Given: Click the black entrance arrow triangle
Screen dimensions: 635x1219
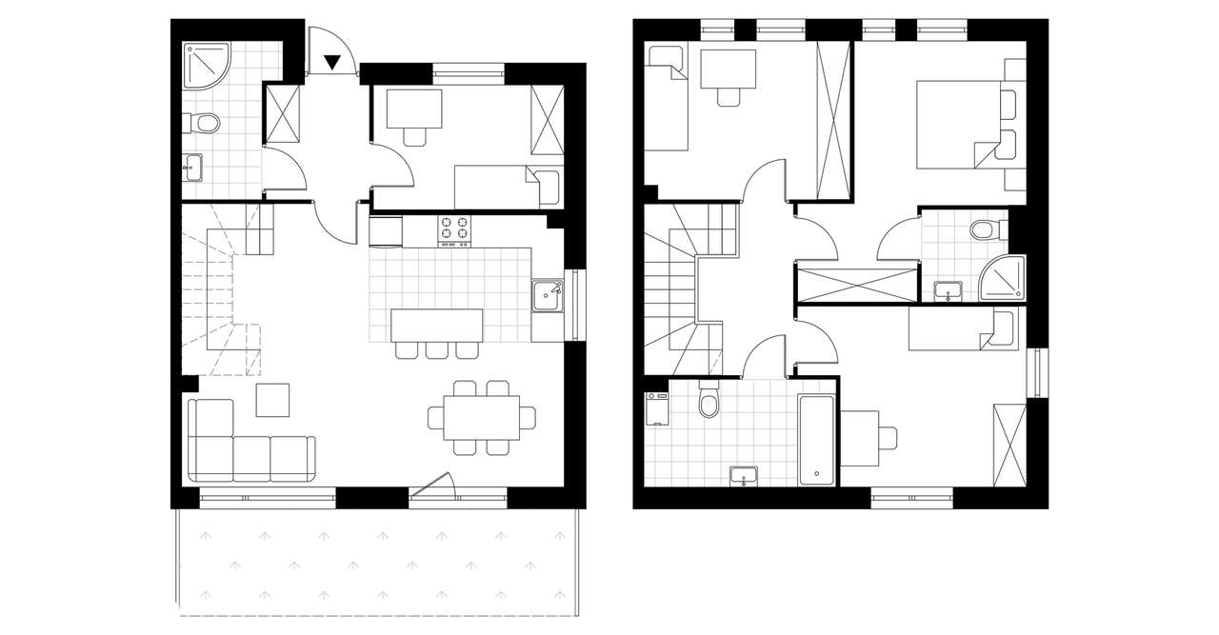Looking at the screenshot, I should click(331, 63).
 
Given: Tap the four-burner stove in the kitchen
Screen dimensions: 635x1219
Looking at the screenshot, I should click(454, 229).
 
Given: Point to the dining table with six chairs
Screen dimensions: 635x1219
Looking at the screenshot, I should click(481, 416).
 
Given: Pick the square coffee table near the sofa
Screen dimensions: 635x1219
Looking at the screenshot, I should click(272, 399).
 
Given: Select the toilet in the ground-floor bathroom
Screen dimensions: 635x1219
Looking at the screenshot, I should click(203, 123).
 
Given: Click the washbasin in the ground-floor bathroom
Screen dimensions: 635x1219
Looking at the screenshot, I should click(193, 168).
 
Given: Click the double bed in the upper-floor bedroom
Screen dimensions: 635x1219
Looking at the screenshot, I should click(957, 125).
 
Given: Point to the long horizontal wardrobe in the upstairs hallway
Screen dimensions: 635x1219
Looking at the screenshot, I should click(858, 285).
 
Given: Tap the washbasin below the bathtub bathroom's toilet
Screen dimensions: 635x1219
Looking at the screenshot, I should click(743, 475).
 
